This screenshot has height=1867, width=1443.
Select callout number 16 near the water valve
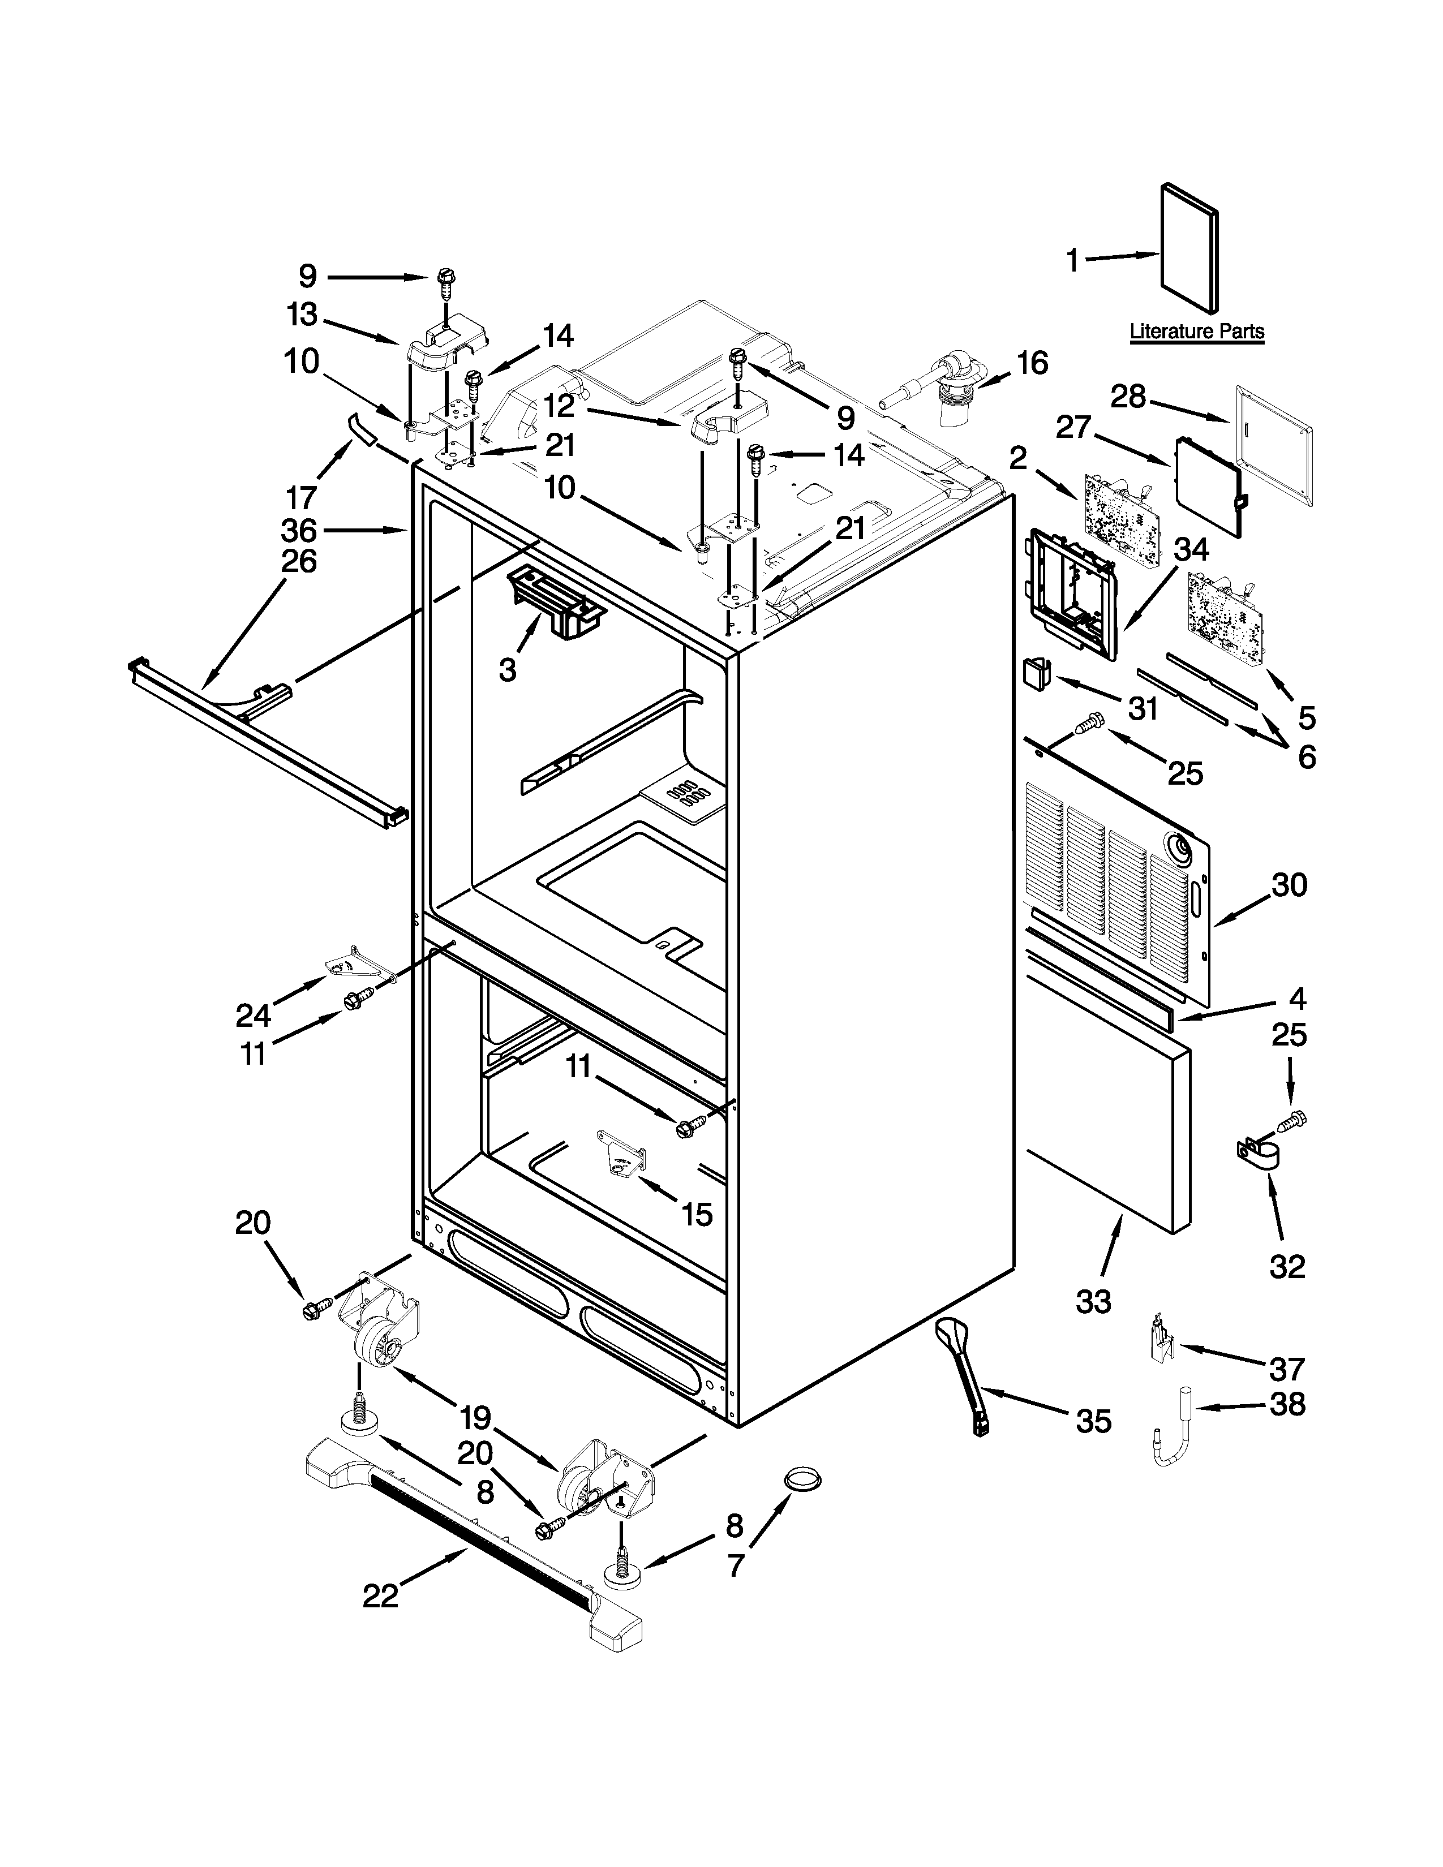[1033, 363]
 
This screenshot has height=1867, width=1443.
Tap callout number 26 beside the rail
[298, 562]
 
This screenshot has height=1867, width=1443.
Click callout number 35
[1093, 1422]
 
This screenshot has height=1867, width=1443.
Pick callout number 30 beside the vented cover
[1289, 885]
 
